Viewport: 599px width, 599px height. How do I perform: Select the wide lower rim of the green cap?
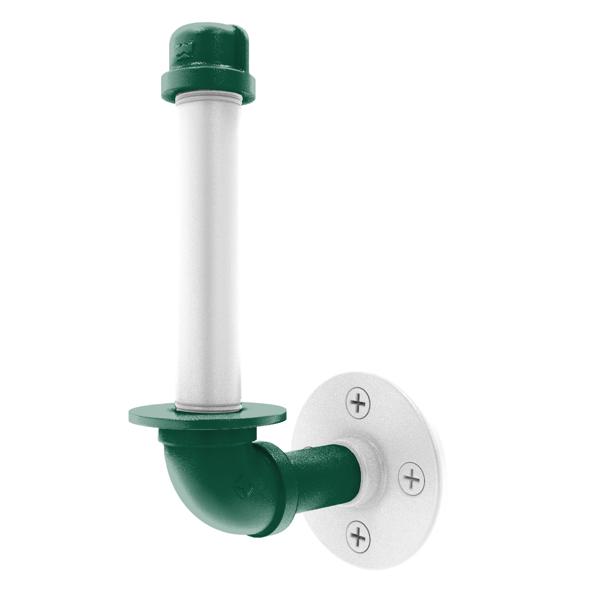207,82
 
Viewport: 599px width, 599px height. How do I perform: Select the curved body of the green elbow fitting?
210,479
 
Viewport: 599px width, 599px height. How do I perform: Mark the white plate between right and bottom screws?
394,514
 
